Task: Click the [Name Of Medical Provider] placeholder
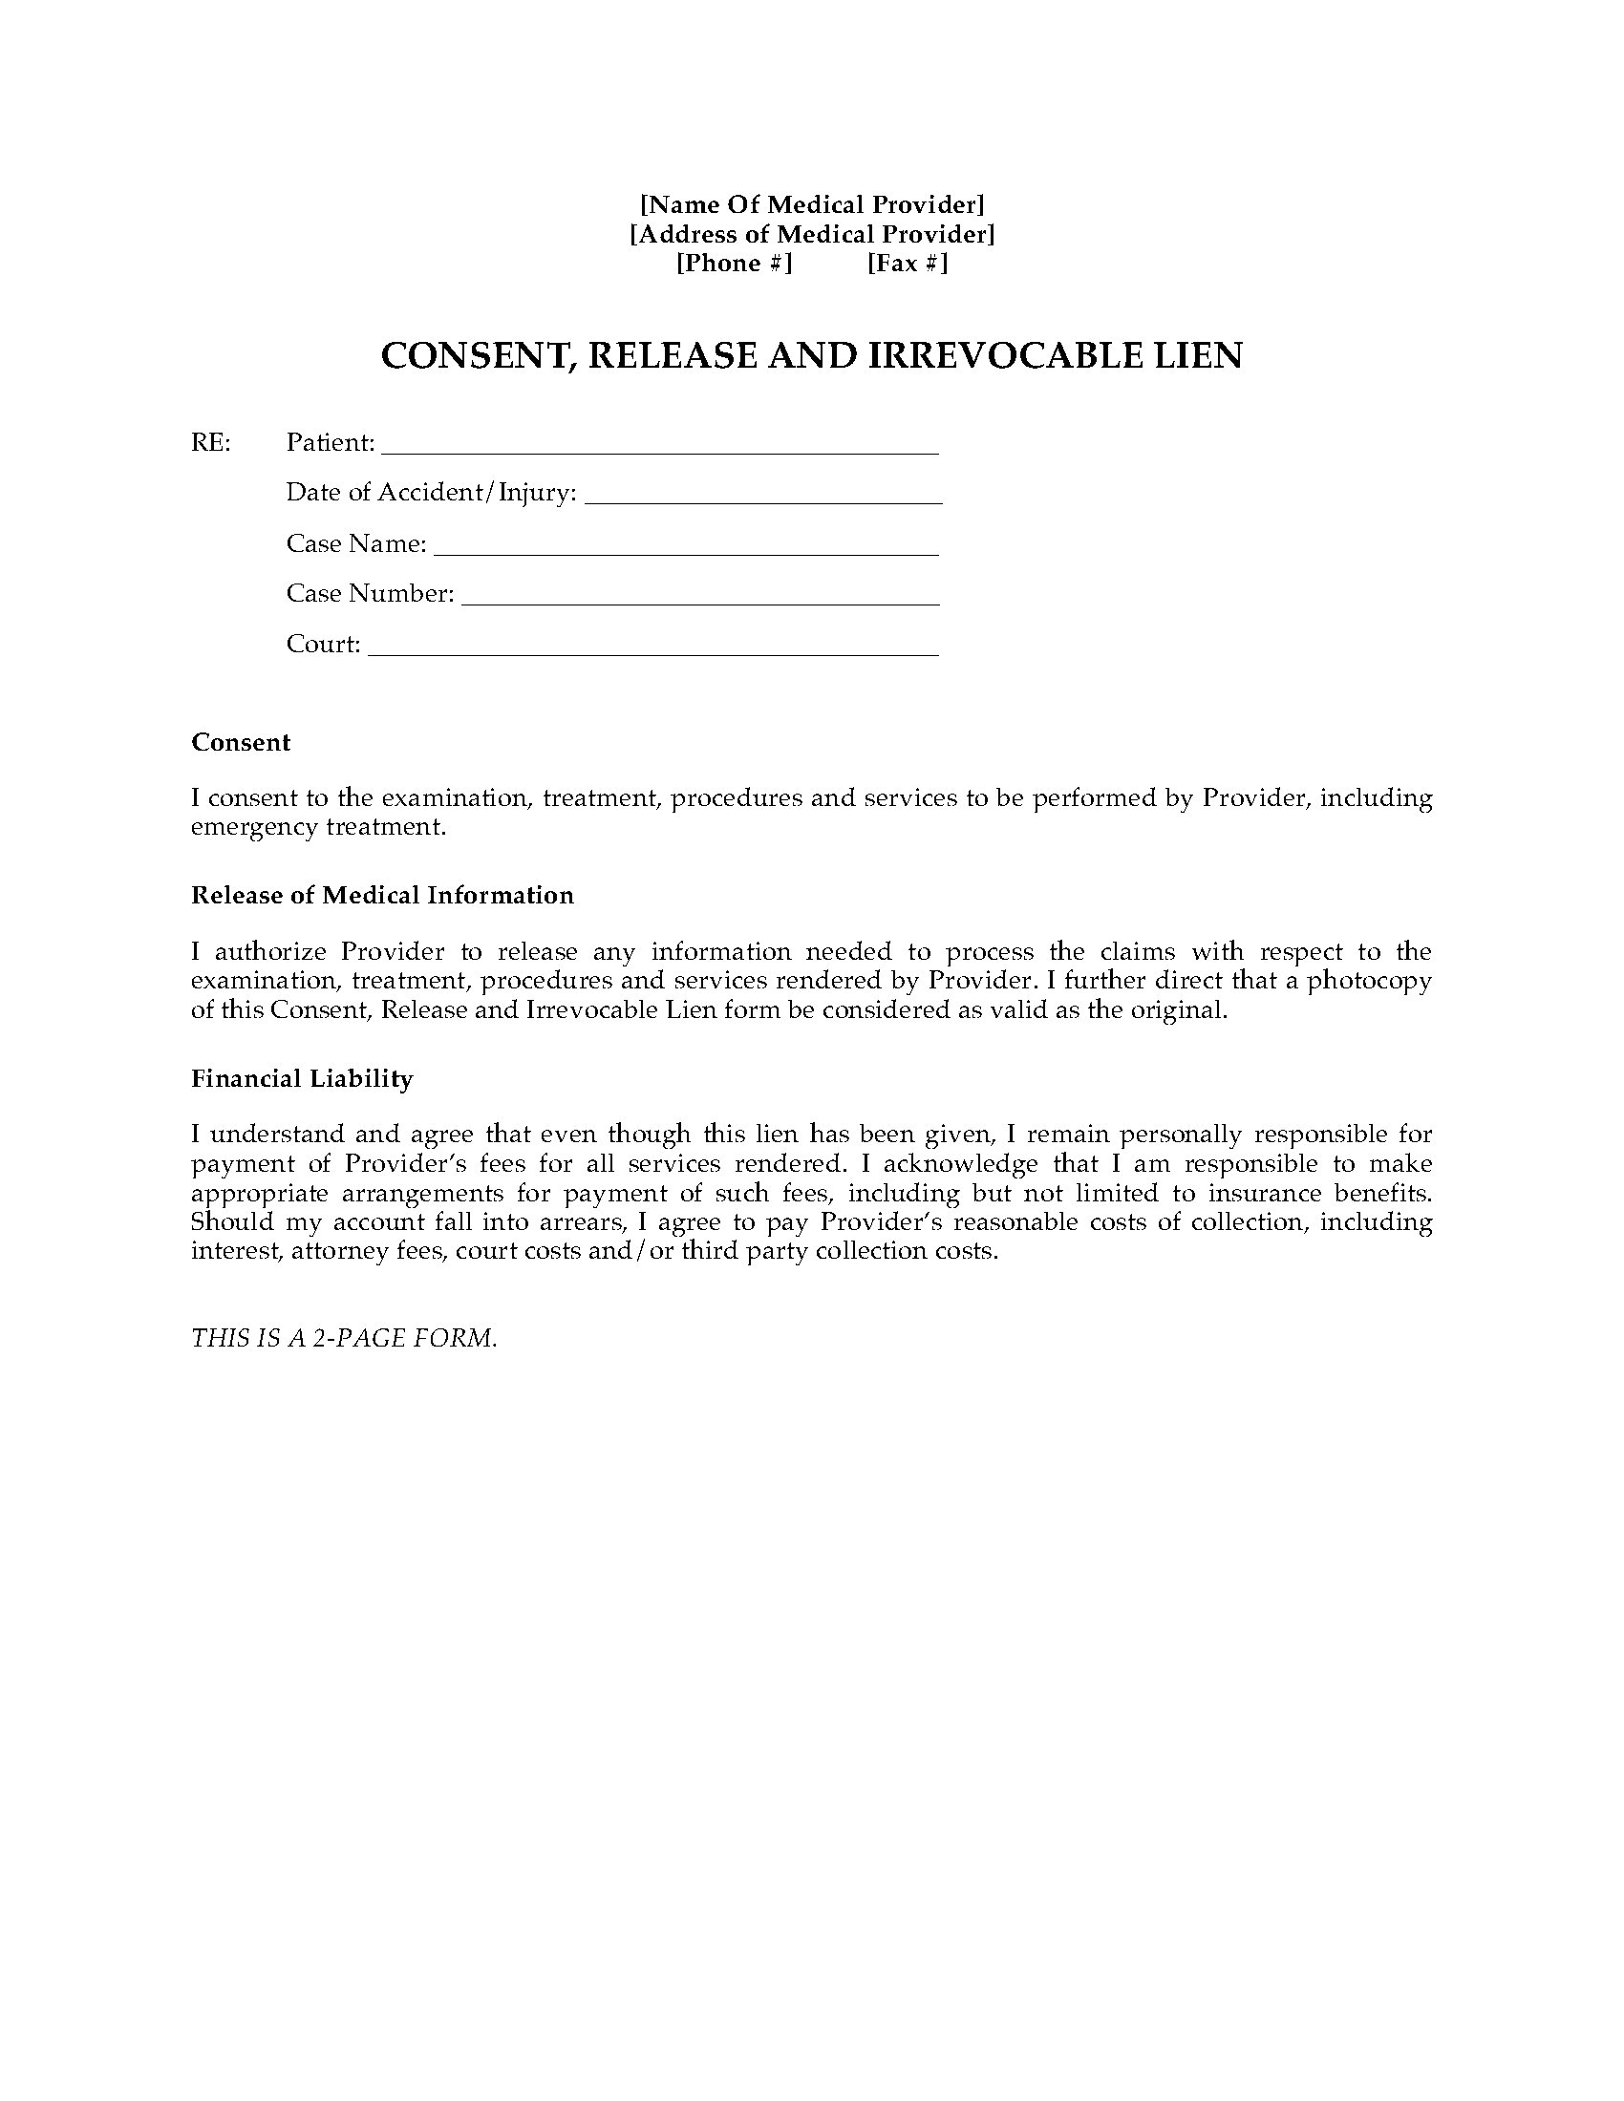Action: (812, 204)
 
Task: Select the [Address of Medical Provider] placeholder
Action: (812, 234)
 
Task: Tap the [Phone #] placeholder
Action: (734, 264)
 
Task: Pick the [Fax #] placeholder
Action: (908, 264)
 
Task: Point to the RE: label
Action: (211, 442)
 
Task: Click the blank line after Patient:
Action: (659, 447)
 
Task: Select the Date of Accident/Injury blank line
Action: (763, 499)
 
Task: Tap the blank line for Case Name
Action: (686, 549)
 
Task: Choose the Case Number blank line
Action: (700, 600)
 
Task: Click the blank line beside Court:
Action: (653, 650)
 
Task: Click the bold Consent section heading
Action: (241, 743)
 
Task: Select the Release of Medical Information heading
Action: (382, 896)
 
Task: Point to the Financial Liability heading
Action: (302, 1079)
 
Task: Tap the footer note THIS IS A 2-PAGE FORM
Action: (345, 1338)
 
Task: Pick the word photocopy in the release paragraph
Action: (1372, 981)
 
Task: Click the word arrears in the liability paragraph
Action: (567, 1222)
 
